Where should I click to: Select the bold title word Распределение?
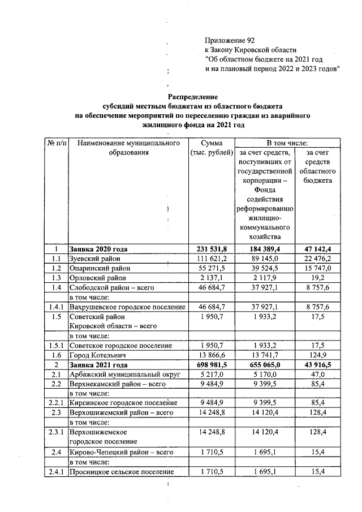click(x=193, y=97)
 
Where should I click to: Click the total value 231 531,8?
click(x=211, y=249)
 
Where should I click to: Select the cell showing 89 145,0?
click(x=264, y=259)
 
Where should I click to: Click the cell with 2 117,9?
click(x=264, y=278)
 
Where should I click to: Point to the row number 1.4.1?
click(x=56, y=307)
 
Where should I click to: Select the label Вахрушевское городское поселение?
click(x=127, y=307)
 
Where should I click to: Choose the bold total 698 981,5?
click(x=211, y=365)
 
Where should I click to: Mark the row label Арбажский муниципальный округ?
click(x=123, y=375)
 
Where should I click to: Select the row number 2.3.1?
click(x=56, y=432)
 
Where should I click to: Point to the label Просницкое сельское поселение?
click(x=120, y=471)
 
